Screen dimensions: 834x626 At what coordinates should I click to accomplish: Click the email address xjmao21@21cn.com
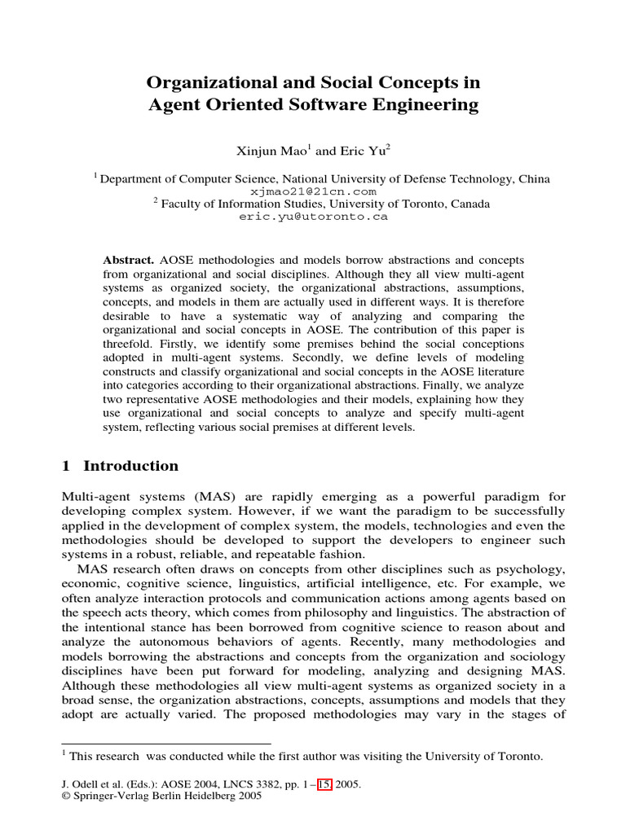point(313,191)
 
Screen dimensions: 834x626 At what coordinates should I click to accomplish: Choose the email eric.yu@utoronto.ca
point(313,217)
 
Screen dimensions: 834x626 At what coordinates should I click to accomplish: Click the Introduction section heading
point(130,466)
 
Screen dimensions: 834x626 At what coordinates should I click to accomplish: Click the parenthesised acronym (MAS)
point(215,497)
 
